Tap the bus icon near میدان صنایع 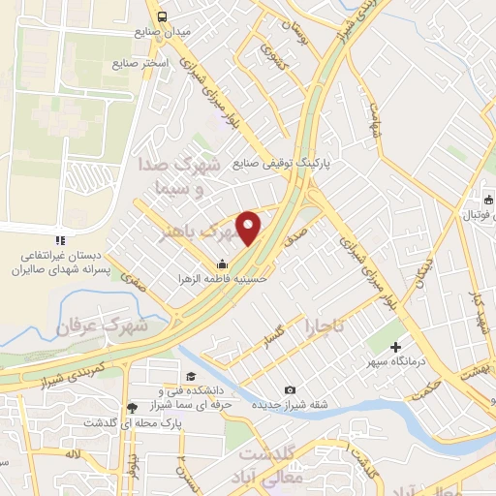162,15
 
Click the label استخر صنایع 140,63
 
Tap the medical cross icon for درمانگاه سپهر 396,347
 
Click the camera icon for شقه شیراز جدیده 289,389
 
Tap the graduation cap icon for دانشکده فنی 192,377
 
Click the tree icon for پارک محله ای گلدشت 132,408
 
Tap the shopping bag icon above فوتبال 486,201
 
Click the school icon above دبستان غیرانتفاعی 59,240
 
